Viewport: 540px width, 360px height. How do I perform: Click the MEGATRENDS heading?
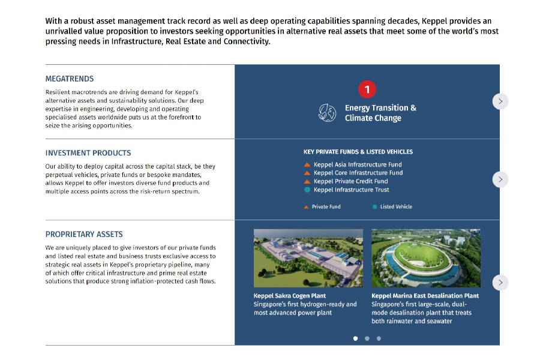point(70,79)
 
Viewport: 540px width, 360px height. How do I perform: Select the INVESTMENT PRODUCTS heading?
point(88,153)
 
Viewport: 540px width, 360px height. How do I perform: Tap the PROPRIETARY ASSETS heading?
point(84,234)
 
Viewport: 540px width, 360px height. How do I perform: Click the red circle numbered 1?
point(367,89)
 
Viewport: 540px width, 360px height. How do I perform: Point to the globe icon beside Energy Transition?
point(327,113)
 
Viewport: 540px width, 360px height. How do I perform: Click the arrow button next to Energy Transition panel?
point(500,101)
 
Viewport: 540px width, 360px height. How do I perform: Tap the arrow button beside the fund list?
point(500,179)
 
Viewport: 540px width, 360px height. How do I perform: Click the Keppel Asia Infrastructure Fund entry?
point(358,164)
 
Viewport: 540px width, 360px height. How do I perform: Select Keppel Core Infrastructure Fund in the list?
point(358,173)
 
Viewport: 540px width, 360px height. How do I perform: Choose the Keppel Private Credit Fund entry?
point(350,181)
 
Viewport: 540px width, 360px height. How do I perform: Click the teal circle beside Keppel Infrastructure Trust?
point(307,190)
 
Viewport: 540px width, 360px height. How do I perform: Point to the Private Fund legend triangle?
point(306,207)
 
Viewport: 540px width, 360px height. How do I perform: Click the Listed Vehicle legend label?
point(396,206)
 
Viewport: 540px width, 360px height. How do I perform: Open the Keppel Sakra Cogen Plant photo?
point(308,258)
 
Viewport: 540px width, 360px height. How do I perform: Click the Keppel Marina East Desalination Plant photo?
point(426,258)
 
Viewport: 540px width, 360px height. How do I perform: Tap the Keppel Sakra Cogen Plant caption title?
point(290,296)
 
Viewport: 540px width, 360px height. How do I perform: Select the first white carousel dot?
point(355,338)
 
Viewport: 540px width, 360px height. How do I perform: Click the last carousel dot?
point(379,338)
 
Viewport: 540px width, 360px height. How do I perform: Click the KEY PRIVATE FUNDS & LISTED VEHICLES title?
point(358,152)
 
